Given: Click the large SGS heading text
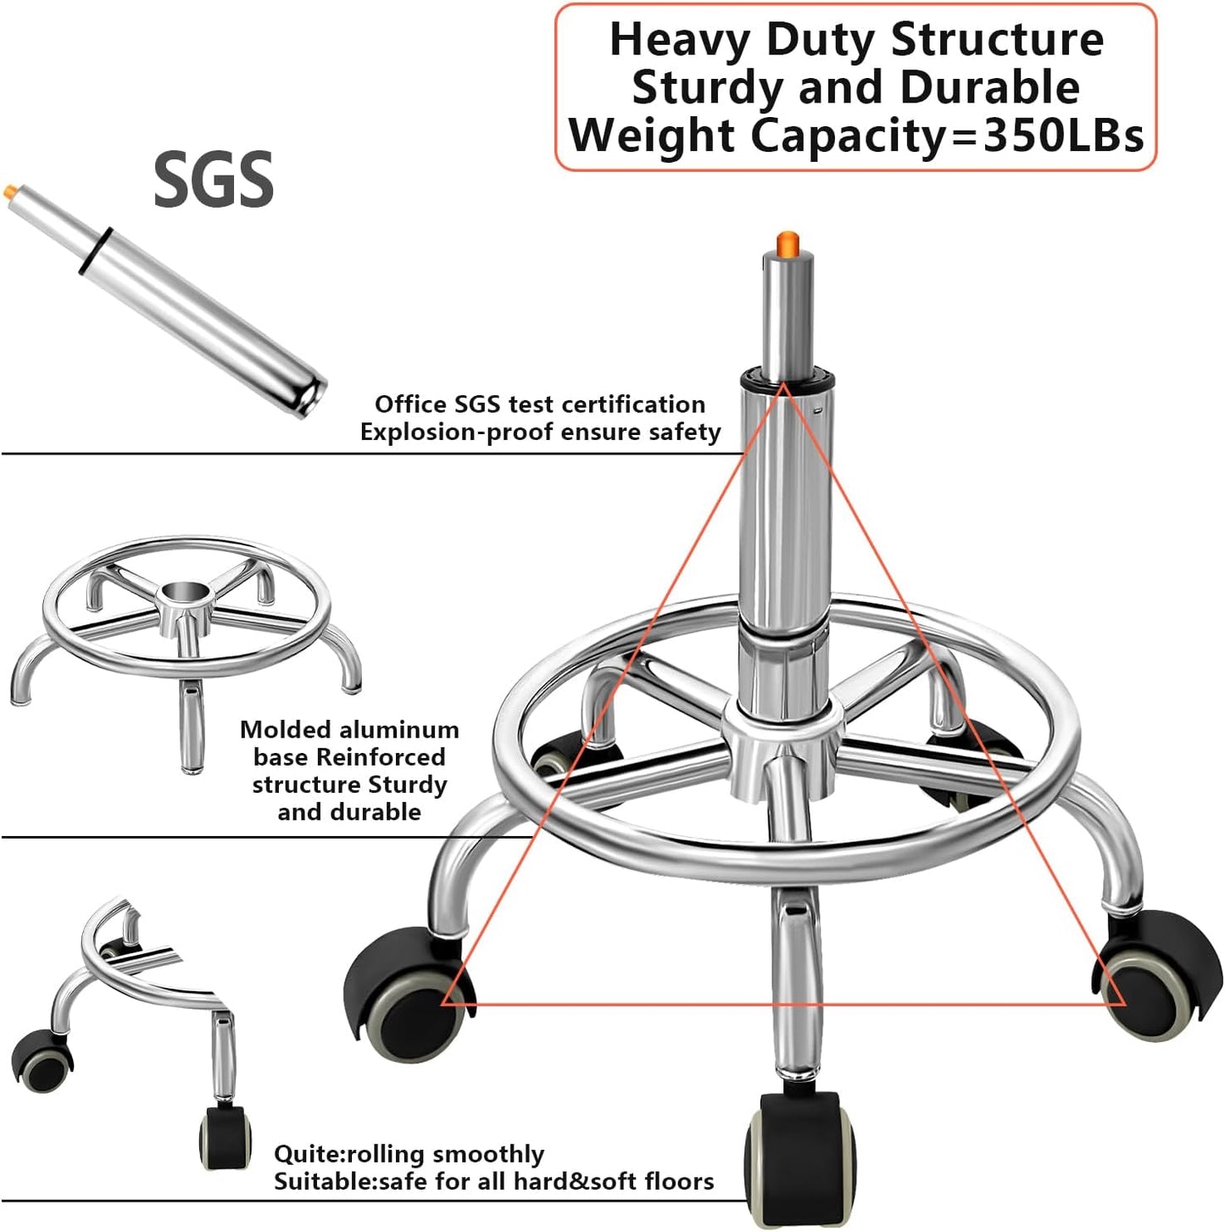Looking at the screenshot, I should pyautogui.click(x=214, y=180).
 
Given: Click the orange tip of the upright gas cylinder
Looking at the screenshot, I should pyautogui.click(x=788, y=243).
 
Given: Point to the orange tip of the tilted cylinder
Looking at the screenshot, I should pyautogui.click(x=9, y=190).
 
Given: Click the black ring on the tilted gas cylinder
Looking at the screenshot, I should pyautogui.click(x=96, y=250).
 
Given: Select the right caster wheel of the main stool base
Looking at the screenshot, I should pyautogui.click(x=1157, y=975).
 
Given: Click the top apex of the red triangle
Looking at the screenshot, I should pyautogui.click(x=783, y=386).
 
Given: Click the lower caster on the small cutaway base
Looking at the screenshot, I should pyautogui.click(x=226, y=1137).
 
